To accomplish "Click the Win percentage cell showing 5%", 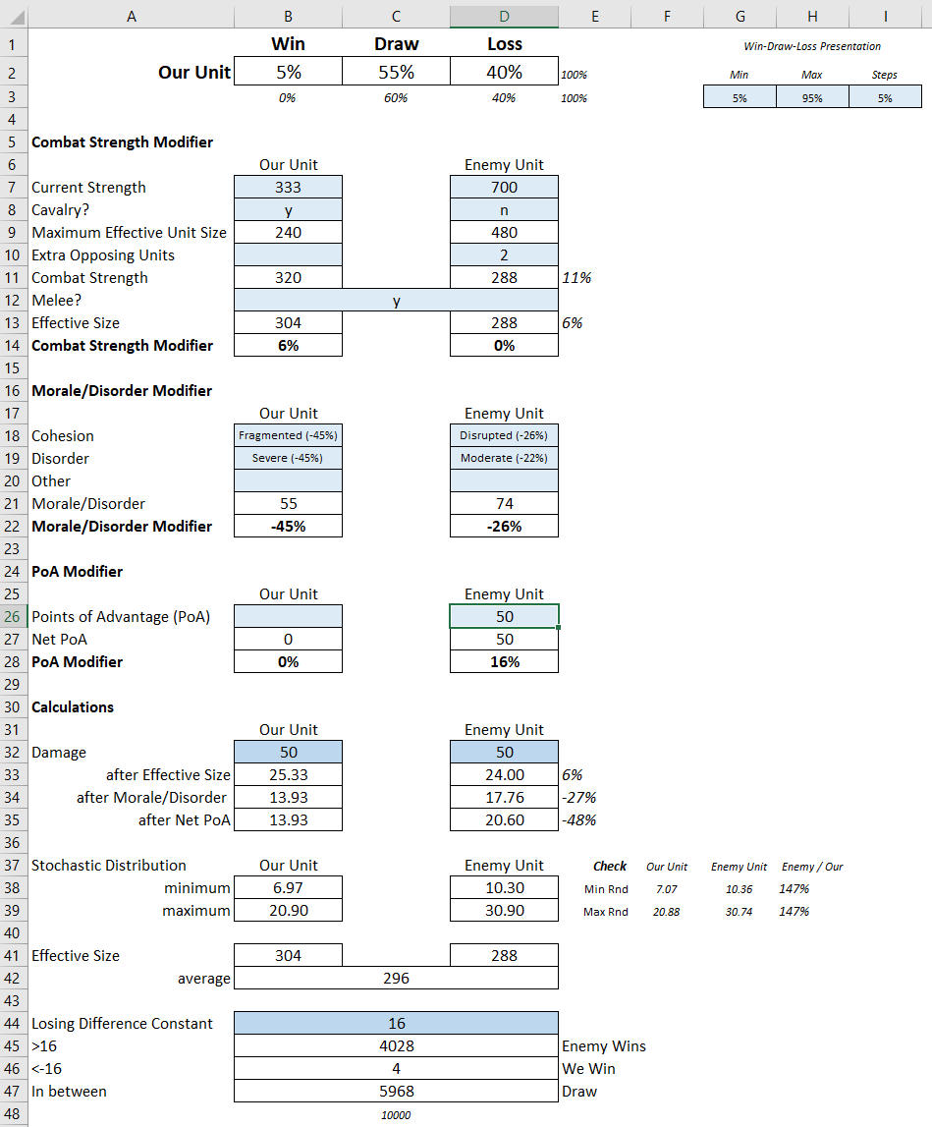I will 288,72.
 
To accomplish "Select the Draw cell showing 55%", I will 396,72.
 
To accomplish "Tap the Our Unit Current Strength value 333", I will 288,188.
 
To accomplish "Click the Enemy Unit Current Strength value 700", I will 504,188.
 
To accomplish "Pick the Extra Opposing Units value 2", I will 504,255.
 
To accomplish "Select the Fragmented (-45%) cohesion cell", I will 288,435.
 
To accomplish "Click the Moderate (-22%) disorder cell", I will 504,458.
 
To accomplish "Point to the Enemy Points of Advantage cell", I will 504,617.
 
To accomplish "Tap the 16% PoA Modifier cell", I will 504,662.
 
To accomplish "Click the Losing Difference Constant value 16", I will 396,1024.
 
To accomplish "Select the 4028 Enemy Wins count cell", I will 396,1046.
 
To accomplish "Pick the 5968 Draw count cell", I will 396,1092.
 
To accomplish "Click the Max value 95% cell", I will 812,97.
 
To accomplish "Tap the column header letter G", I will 740,15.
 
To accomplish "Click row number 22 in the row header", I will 13,527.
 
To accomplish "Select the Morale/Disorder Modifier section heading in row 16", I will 122,391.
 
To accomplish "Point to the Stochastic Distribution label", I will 109,866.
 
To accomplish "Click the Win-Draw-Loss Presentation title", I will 812,46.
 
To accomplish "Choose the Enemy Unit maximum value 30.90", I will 504,911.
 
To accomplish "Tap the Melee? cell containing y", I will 396,301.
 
